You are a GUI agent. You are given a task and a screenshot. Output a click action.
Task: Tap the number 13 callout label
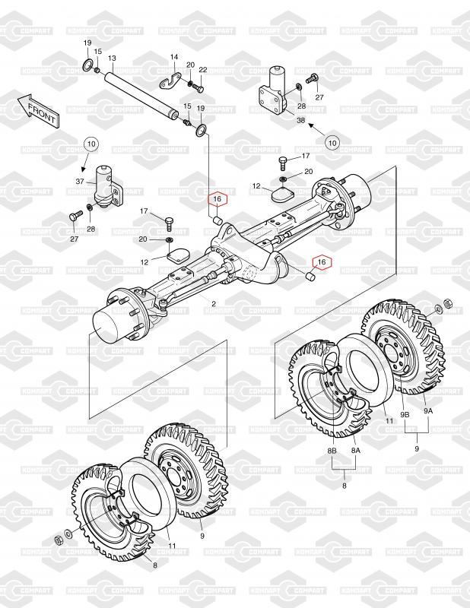coord(112,59)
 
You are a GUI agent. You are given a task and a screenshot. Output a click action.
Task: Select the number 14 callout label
coord(173,58)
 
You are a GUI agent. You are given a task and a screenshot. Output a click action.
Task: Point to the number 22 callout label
coord(202,70)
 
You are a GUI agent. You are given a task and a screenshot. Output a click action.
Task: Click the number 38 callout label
coord(300,121)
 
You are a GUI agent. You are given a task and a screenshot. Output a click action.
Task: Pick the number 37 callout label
coord(79,182)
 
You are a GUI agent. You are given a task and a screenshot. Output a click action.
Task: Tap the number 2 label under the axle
coord(214,305)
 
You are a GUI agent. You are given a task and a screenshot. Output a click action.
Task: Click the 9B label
coord(405,413)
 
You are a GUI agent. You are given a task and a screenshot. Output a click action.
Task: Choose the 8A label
coord(354,451)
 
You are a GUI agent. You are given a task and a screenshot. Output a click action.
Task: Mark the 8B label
coord(332,451)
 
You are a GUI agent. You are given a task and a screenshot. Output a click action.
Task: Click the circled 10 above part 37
coord(91,144)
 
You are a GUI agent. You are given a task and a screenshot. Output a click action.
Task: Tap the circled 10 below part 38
coord(332,141)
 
